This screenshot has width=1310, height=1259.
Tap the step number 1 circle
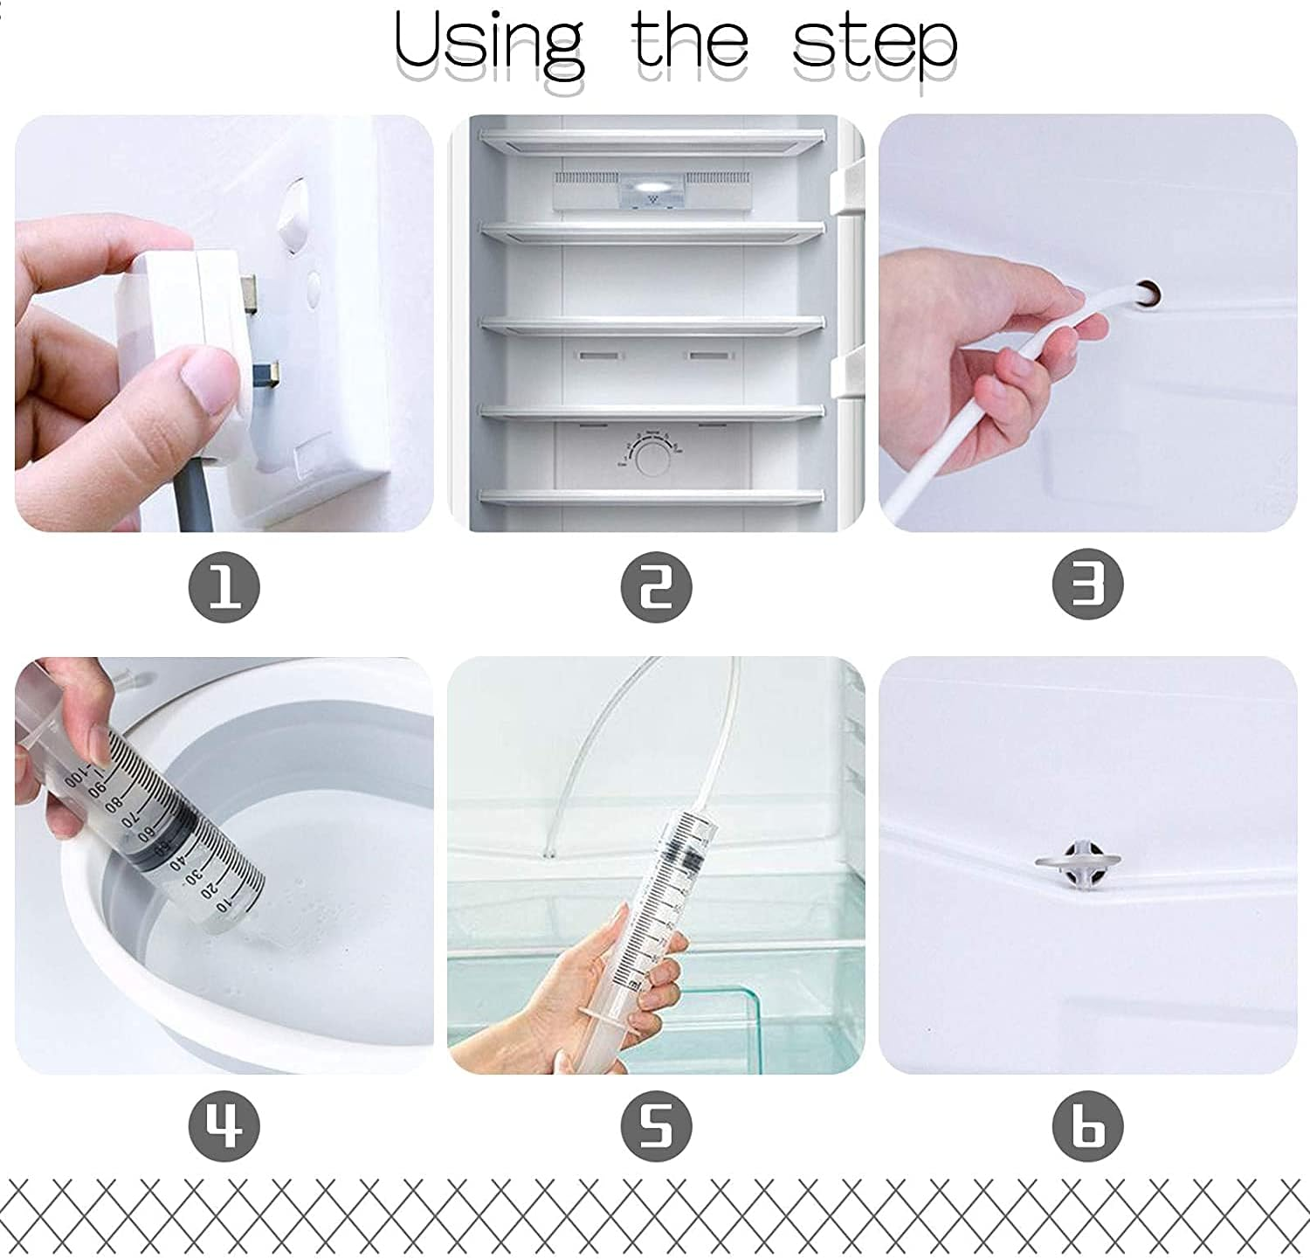coord(224,586)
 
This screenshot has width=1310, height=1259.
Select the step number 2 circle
coord(656,586)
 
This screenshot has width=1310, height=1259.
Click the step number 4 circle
coord(224,1126)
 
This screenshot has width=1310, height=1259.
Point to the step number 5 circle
coord(656,1126)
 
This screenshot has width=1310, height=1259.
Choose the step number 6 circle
coord(1087,1126)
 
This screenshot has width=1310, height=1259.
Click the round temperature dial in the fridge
coord(652,457)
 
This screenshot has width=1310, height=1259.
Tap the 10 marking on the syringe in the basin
coord(224,907)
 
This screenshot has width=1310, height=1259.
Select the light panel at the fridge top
coord(652,189)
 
